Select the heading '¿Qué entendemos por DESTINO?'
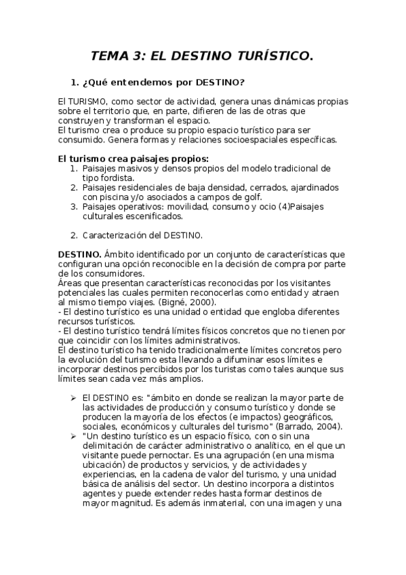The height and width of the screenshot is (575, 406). (x=163, y=83)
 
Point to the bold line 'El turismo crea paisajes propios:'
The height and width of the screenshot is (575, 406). (x=123, y=159)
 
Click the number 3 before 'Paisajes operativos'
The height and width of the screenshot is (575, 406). (x=74, y=207)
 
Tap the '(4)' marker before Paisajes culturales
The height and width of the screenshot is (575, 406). (x=247, y=207)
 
